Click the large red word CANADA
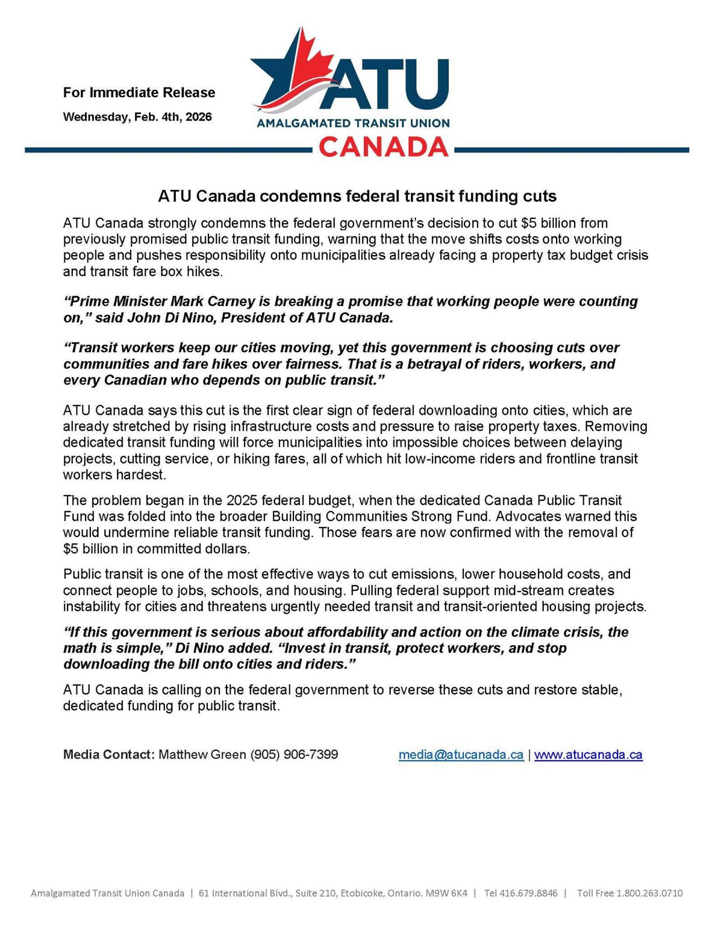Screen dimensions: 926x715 click(x=383, y=146)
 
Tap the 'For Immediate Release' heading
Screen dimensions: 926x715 click(x=139, y=92)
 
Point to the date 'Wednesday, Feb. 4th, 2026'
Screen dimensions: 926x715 click(x=137, y=116)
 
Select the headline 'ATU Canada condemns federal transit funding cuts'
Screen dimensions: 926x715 click(x=357, y=196)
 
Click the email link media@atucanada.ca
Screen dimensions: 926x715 click(x=461, y=754)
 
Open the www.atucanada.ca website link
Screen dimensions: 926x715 click(x=588, y=754)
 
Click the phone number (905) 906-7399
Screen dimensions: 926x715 click(x=294, y=754)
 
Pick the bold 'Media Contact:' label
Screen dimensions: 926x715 click(x=109, y=754)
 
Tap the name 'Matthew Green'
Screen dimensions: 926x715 click(x=202, y=754)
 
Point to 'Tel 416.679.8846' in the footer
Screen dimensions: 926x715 click(x=521, y=893)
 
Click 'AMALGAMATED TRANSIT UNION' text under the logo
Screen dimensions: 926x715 click(x=353, y=123)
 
